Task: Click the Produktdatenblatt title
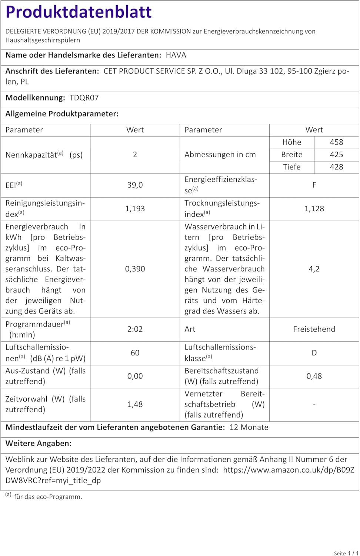pos(79,12)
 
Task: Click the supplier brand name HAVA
pos(176,55)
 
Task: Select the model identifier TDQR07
pos(84,98)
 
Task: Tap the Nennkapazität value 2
pos(135,155)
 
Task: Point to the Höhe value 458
pos(336,142)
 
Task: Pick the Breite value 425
pos(336,155)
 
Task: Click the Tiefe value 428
pos(336,167)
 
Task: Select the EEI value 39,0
pos(135,185)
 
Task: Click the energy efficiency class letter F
pos(314,185)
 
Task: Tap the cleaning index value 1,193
pos(135,209)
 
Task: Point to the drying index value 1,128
pos(314,209)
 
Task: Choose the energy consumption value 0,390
pos(135,269)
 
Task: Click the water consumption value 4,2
pos(314,269)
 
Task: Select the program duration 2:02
pos(135,329)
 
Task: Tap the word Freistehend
pos(314,329)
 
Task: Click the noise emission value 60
pos(135,353)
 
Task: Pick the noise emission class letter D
pos(314,353)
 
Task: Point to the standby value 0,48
pos(314,376)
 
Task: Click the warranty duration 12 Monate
pos(249,427)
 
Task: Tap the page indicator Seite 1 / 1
pos(346,553)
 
